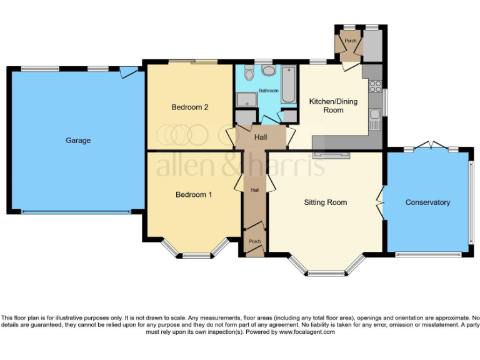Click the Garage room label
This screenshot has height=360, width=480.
78,141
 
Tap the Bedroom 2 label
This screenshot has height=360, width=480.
190,107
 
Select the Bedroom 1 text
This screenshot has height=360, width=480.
194,194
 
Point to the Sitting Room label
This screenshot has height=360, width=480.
325,202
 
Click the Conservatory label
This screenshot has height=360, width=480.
427,202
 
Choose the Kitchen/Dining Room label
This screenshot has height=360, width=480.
333,106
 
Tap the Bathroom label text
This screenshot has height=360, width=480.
269,91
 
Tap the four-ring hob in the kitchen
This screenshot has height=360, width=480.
376,86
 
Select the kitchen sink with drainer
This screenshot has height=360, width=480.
375,117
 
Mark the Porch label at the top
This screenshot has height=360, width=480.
351,41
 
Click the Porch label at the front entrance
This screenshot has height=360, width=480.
255,241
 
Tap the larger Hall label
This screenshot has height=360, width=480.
261,137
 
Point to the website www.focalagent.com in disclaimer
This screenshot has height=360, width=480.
306,332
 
